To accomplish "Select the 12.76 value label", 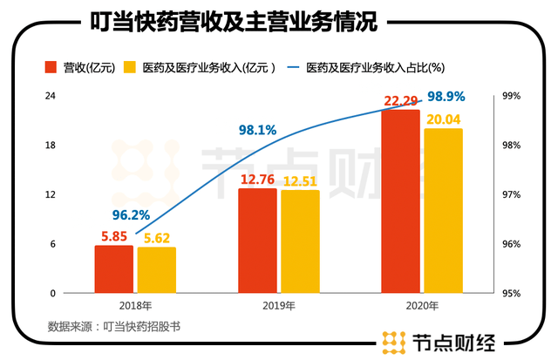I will [x=257, y=180].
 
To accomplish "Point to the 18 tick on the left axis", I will [x=51, y=145].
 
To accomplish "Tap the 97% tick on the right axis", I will [x=511, y=194].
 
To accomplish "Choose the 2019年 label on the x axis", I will [x=279, y=307].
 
